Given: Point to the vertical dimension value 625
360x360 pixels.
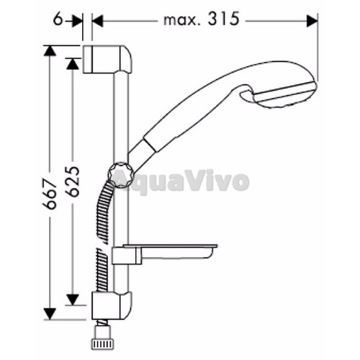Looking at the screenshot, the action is (x=72, y=178).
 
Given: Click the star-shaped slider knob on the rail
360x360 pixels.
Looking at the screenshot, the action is (x=120, y=175).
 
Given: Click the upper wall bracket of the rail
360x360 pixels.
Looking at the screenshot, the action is (x=107, y=59).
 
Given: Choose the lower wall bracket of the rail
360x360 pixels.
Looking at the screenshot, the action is (x=112, y=305).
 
